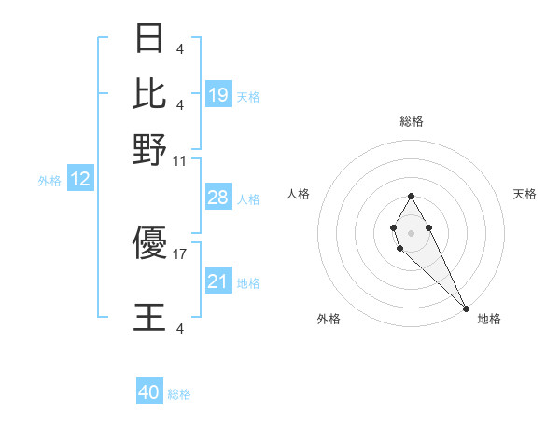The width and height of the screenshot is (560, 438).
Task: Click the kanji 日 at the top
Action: point(149,40)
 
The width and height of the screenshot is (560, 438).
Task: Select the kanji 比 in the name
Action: point(149,93)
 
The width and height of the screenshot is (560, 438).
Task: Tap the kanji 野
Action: point(149,148)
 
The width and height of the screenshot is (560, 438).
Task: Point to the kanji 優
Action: point(149,243)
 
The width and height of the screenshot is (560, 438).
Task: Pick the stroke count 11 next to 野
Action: point(179,161)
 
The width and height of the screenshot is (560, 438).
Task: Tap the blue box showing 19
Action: point(218,94)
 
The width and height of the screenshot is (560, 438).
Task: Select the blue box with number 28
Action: point(218,198)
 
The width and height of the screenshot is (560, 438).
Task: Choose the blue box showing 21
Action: point(218,281)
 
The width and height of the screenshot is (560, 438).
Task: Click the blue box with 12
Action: point(80,180)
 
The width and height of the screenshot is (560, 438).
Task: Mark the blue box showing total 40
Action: point(149,392)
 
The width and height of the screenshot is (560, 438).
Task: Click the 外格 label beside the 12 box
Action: point(49,181)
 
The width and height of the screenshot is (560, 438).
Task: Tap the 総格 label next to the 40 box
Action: point(179,394)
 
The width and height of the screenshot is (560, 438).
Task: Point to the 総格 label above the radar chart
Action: point(411,121)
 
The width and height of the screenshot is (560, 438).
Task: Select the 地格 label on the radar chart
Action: point(489,319)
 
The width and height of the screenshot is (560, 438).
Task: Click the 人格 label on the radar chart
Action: point(299,194)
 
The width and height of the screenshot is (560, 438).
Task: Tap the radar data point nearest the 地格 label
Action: point(466,308)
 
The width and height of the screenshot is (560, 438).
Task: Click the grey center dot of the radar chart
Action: point(411,231)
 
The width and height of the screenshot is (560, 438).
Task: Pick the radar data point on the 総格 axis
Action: point(411,196)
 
